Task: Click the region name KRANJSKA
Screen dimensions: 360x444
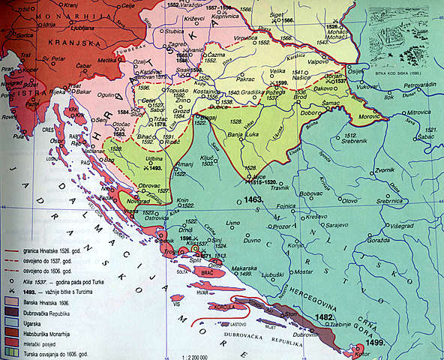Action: tap(91, 43)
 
